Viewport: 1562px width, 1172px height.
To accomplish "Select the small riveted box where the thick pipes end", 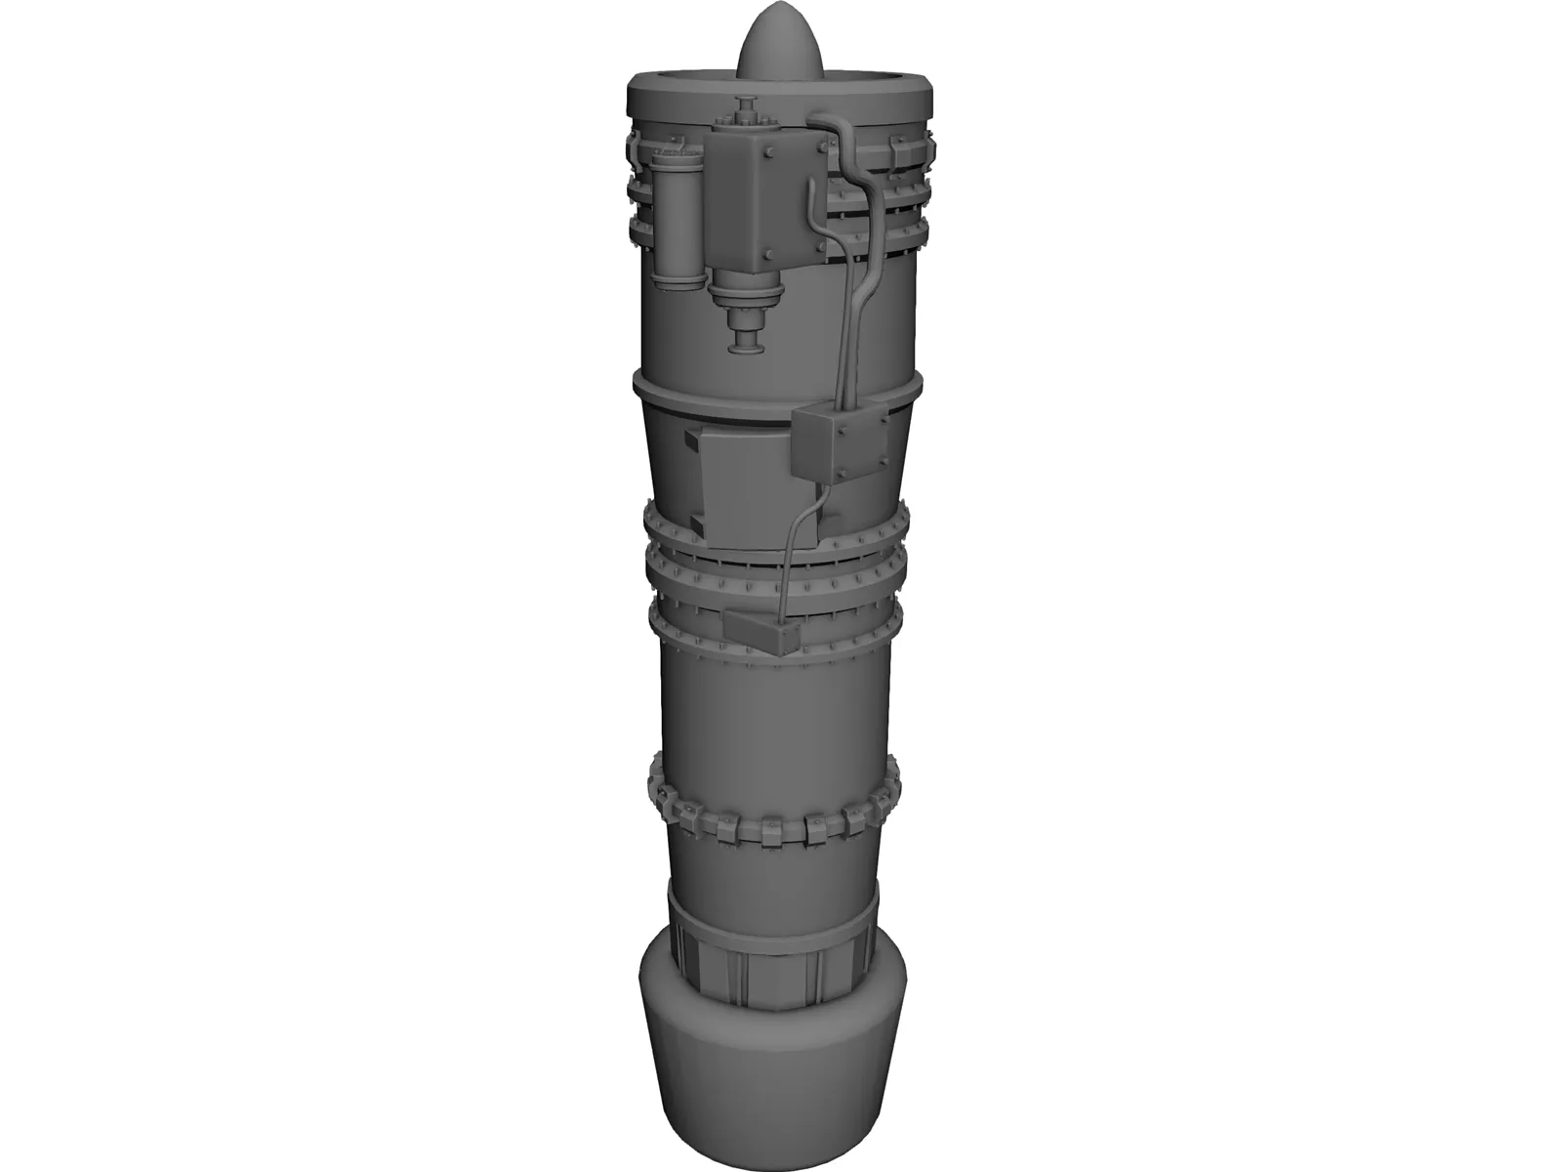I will (x=840, y=444).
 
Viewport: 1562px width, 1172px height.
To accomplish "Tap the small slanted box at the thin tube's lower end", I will (x=763, y=634).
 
